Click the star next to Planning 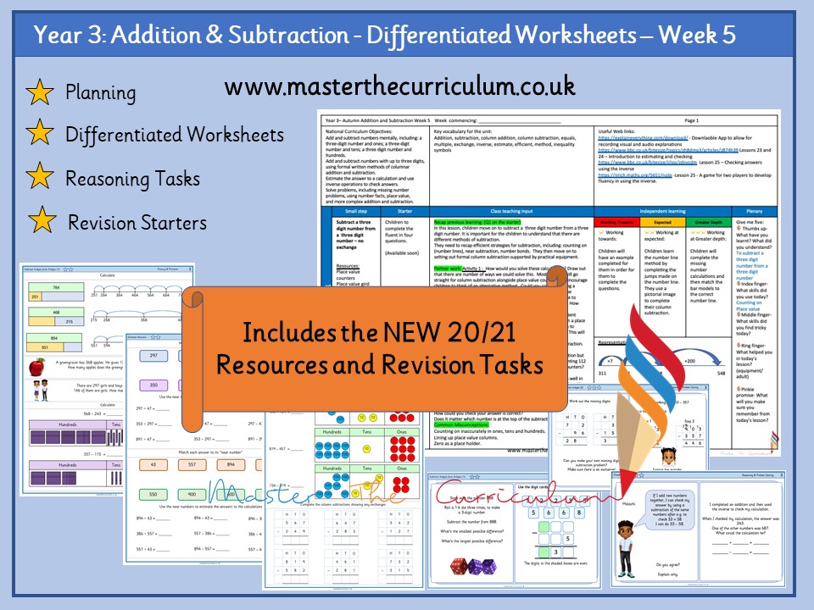(40, 92)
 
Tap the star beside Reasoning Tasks (40, 178)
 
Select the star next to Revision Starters (40, 222)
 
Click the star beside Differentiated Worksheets (40, 133)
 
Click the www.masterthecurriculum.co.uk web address (400, 86)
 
